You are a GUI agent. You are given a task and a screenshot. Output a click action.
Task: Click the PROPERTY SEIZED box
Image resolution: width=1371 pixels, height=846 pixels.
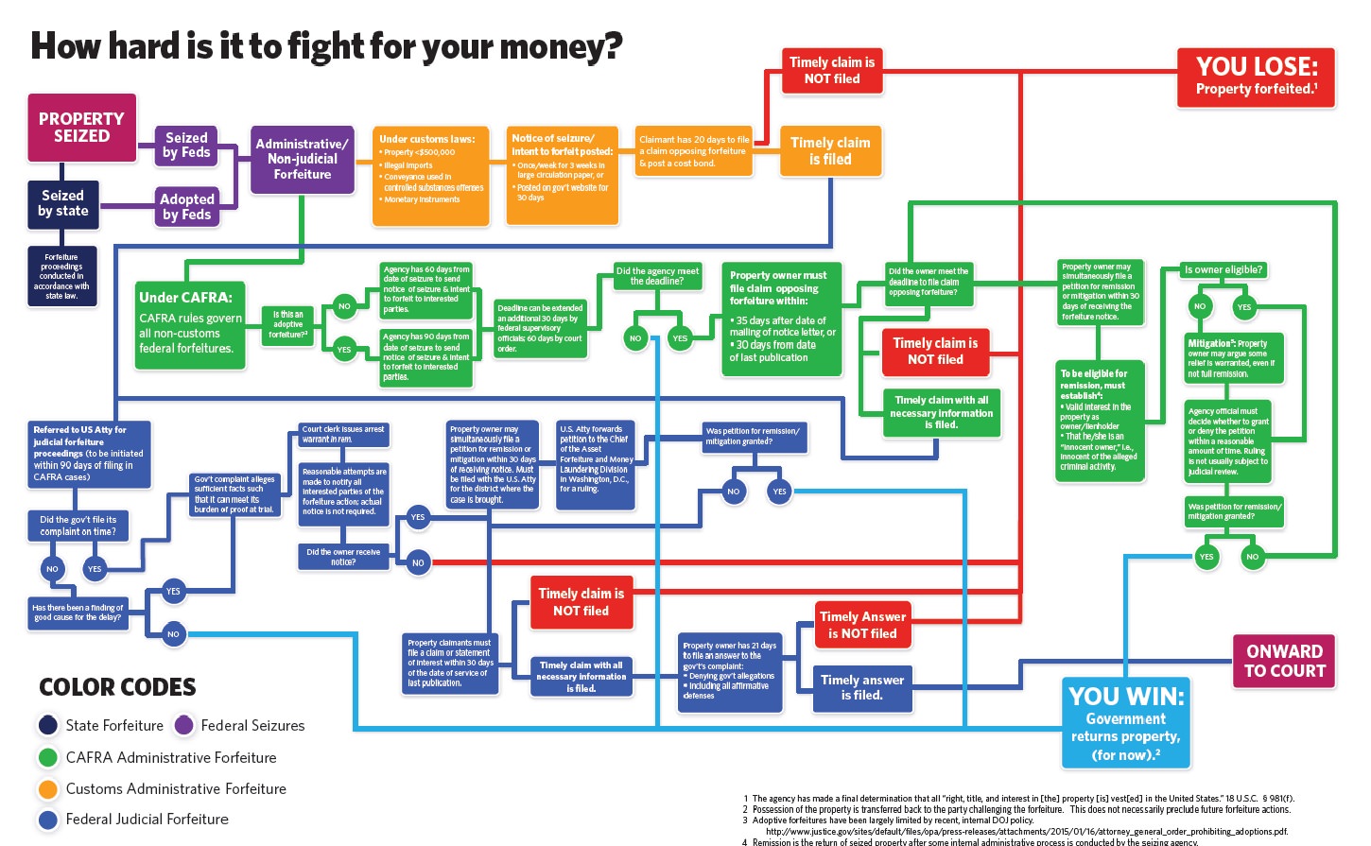tap(81, 128)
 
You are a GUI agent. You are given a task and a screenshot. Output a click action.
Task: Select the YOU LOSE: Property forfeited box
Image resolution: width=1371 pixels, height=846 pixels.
tap(1256, 77)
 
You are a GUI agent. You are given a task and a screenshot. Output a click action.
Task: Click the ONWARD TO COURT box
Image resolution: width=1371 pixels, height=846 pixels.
tap(1284, 661)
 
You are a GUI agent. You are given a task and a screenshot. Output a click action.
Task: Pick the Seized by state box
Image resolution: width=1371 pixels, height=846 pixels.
tap(62, 203)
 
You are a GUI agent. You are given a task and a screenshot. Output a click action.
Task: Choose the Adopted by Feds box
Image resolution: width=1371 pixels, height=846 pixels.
tap(187, 207)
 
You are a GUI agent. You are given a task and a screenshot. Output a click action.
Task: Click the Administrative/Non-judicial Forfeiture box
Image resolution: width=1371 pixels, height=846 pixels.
tap(302, 159)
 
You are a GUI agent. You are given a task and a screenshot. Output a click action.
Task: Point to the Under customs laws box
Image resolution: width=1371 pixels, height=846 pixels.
tap(430, 176)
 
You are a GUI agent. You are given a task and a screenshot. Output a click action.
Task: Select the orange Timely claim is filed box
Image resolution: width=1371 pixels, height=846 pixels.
tap(830, 151)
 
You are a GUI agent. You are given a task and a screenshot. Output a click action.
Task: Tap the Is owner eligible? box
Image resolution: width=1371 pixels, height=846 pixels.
tap(1223, 270)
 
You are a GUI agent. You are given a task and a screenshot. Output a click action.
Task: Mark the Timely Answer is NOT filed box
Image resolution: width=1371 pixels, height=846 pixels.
tap(862, 625)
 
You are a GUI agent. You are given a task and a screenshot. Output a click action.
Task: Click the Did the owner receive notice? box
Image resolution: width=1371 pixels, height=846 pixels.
tap(343, 557)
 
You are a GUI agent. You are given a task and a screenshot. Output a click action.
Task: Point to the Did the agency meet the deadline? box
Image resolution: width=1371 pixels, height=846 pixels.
tap(657, 276)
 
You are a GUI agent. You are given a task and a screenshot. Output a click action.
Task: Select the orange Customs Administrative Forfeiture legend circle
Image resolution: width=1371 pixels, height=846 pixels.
tap(48, 788)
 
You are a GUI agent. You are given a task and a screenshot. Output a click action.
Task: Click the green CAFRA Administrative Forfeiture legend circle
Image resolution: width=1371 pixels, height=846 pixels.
tap(48, 757)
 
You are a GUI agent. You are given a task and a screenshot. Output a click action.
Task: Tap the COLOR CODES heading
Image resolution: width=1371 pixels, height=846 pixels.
tap(117, 687)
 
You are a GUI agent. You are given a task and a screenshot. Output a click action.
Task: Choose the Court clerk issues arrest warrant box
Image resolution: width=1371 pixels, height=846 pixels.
tap(343, 435)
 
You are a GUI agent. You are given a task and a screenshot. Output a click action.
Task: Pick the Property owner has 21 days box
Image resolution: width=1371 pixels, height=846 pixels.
tap(729, 671)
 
